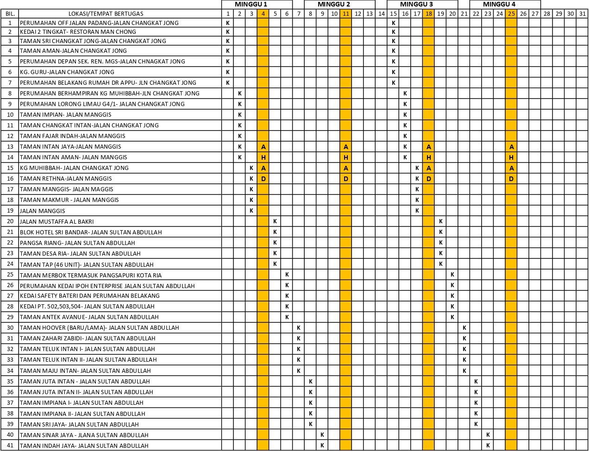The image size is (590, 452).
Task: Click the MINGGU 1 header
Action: click(251, 4)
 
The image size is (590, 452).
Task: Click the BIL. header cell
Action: click(10, 13)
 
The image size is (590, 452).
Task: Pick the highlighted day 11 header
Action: click(346, 13)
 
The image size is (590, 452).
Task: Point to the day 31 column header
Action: click(582, 13)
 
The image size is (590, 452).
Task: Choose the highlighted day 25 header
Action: click(511, 13)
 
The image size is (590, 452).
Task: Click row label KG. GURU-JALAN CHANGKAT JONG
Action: click(67, 72)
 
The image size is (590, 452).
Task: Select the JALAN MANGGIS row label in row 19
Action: click(43, 211)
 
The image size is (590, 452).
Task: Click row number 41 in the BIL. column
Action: click(10, 446)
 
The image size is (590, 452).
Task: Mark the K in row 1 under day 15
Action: click(393, 23)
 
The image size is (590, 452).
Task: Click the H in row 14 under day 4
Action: click(264, 157)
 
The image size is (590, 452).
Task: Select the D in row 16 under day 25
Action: click(511, 179)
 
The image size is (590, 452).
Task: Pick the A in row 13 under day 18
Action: click(429, 147)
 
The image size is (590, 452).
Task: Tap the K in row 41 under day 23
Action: click(488, 446)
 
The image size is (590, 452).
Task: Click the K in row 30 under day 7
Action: click(299, 328)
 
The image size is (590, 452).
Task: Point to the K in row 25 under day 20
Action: click(452, 275)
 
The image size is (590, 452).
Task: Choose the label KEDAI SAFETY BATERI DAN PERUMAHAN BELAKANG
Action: click(90, 295)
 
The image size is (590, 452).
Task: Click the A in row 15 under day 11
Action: click(346, 168)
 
